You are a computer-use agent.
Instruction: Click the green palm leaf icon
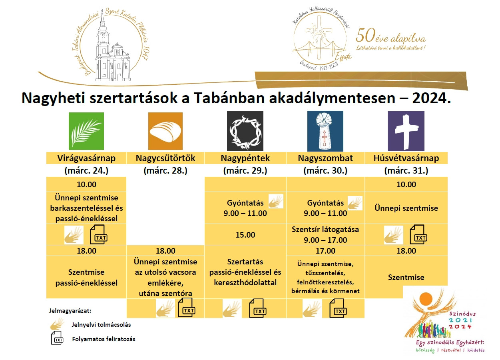coord(86,131)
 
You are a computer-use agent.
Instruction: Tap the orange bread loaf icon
coord(165,131)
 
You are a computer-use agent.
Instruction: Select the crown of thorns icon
coord(245,131)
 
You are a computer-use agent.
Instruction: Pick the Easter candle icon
coord(325,131)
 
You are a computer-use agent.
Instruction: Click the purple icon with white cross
coord(406,131)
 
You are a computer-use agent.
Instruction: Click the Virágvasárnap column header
coord(86,158)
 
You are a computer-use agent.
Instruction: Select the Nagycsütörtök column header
coord(165,158)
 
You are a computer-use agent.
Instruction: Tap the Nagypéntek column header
coord(245,158)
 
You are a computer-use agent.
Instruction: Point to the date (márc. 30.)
coord(325,171)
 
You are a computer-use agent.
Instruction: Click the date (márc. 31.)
coord(406,171)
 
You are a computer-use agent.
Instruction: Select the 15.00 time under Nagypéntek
coord(245,235)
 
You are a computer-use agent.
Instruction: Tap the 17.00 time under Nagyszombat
coord(325,251)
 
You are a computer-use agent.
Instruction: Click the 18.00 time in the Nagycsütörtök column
coord(165,251)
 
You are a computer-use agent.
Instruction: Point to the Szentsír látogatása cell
coord(325,235)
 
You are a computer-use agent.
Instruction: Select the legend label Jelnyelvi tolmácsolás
coord(102,325)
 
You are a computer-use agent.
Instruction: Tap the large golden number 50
coord(365,36)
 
